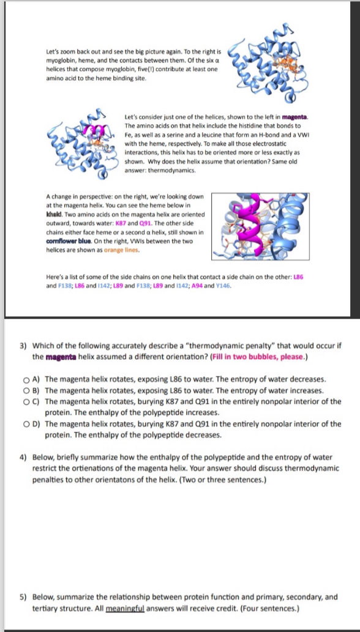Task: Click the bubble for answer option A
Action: pyautogui.click(x=26, y=380)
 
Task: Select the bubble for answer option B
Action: pyautogui.click(x=26, y=391)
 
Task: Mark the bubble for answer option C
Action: pyautogui.click(x=26, y=402)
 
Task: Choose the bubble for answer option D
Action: pyautogui.click(x=26, y=424)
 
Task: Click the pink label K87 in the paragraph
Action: pyautogui.click(x=121, y=223)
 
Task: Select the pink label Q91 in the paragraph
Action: pyautogui.click(x=144, y=223)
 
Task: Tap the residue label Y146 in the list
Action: pyautogui.click(x=223, y=286)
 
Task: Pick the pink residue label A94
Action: pyautogui.click(x=197, y=286)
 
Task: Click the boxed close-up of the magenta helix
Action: pyautogui.click(x=260, y=226)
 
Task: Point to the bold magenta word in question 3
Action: pyautogui.click(x=58, y=357)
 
